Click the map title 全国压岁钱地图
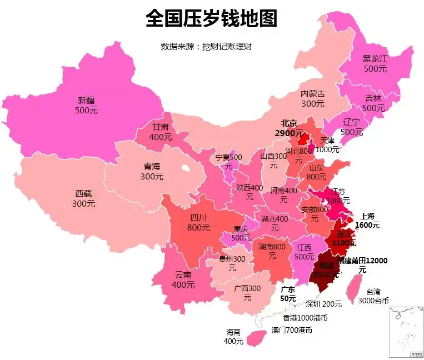211,19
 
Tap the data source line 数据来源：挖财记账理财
206,47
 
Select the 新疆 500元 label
86,106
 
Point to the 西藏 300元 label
83,199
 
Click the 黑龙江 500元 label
375,63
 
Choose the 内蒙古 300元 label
313,99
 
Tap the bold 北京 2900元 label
289,128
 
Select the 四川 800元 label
198,222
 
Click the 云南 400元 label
183,280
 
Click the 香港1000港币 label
305,318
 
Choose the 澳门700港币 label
292,330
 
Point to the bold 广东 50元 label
288,294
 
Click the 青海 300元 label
152,171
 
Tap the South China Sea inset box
406,331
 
